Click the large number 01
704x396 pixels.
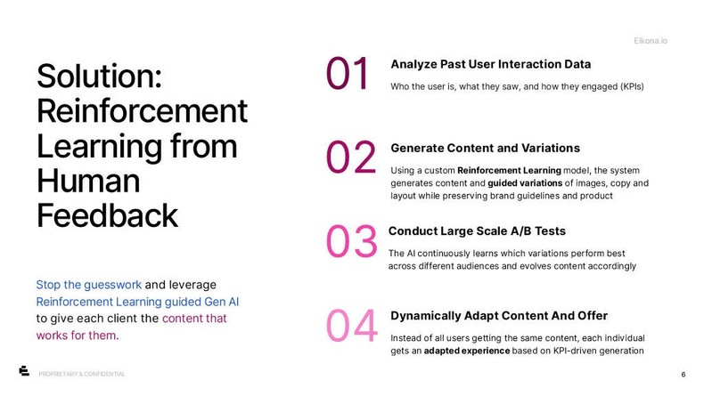point(348,75)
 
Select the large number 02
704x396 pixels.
point(350,158)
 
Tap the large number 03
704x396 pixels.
point(351,242)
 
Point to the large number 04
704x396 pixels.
point(352,326)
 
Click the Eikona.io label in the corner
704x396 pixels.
point(652,41)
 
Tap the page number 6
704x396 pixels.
point(683,374)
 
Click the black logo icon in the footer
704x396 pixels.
point(24,371)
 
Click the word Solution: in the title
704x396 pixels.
point(99,77)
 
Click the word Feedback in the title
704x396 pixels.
point(107,215)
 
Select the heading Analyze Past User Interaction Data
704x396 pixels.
point(490,64)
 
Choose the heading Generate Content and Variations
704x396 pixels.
point(485,148)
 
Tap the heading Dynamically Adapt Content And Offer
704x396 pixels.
point(499,316)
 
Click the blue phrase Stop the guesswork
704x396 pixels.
point(88,285)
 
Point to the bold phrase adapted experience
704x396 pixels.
point(467,351)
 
